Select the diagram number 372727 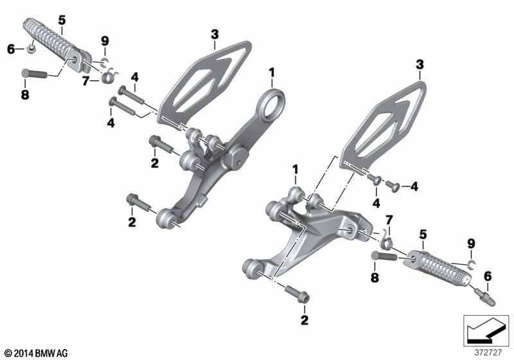(x=488, y=353)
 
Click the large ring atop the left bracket (x=270, y=104)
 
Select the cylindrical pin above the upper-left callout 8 (x=34, y=73)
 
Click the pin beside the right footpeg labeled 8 (x=384, y=255)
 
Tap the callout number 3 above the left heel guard (x=215, y=34)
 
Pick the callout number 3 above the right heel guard (x=420, y=65)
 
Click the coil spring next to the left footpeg (x=109, y=76)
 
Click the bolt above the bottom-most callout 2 (x=297, y=294)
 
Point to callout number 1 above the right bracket (x=296, y=170)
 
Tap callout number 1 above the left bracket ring (x=272, y=73)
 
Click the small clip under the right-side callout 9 (x=471, y=263)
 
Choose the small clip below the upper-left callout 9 (x=105, y=61)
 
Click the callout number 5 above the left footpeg (x=62, y=21)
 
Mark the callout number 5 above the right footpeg (x=423, y=235)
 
